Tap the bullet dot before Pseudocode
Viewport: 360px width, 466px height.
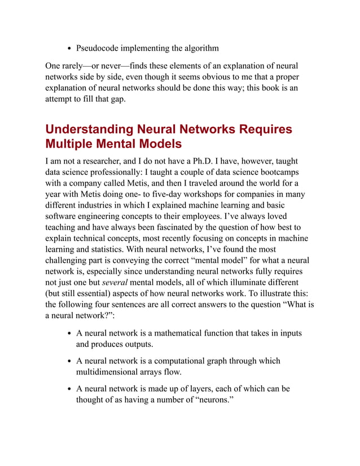tap(68, 48)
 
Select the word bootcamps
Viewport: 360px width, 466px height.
tap(279, 172)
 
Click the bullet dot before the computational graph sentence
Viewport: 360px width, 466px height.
tap(68, 361)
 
